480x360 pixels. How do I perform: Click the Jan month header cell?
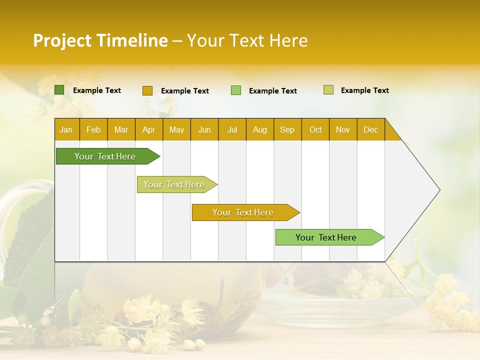[66, 129]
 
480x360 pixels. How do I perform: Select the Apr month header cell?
[149, 129]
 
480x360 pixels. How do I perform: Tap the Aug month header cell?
[260, 129]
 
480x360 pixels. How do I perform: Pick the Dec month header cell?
[370, 129]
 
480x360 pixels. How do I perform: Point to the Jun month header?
[204, 129]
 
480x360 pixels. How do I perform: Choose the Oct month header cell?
[315, 129]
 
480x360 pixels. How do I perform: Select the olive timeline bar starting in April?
[175, 184]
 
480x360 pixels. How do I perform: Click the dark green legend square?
[59, 90]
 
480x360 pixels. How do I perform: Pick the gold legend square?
[147, 90]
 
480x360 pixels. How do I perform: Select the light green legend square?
[236, 90]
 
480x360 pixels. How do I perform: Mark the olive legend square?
[328, 90]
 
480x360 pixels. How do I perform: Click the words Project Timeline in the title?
[100, 40]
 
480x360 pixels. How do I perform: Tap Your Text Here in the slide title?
[247, 40]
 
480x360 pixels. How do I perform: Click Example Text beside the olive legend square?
[364, 90]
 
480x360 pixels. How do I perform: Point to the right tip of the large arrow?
[438, 190]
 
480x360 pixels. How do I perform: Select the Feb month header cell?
[93, 129]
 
